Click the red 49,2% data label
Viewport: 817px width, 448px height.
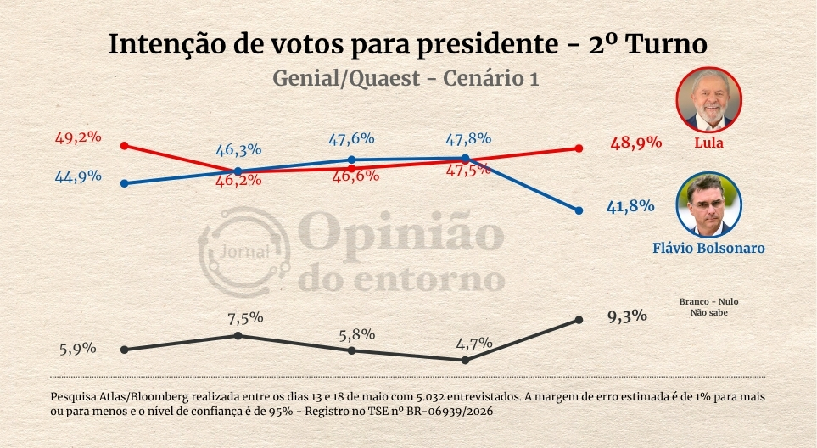78,138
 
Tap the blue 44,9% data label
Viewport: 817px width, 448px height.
78,176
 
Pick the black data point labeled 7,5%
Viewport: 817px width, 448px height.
238,335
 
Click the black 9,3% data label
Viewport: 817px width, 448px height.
628,316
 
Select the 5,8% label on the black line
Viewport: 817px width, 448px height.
357,334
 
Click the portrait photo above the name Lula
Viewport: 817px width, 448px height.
708,99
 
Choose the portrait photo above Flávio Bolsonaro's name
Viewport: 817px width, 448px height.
708,204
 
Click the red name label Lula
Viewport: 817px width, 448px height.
708,143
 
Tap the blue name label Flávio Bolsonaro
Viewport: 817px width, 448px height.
708,248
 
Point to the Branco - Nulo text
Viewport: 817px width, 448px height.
708,301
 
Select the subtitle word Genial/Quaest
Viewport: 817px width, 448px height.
346,79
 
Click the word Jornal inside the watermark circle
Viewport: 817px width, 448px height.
244,252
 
